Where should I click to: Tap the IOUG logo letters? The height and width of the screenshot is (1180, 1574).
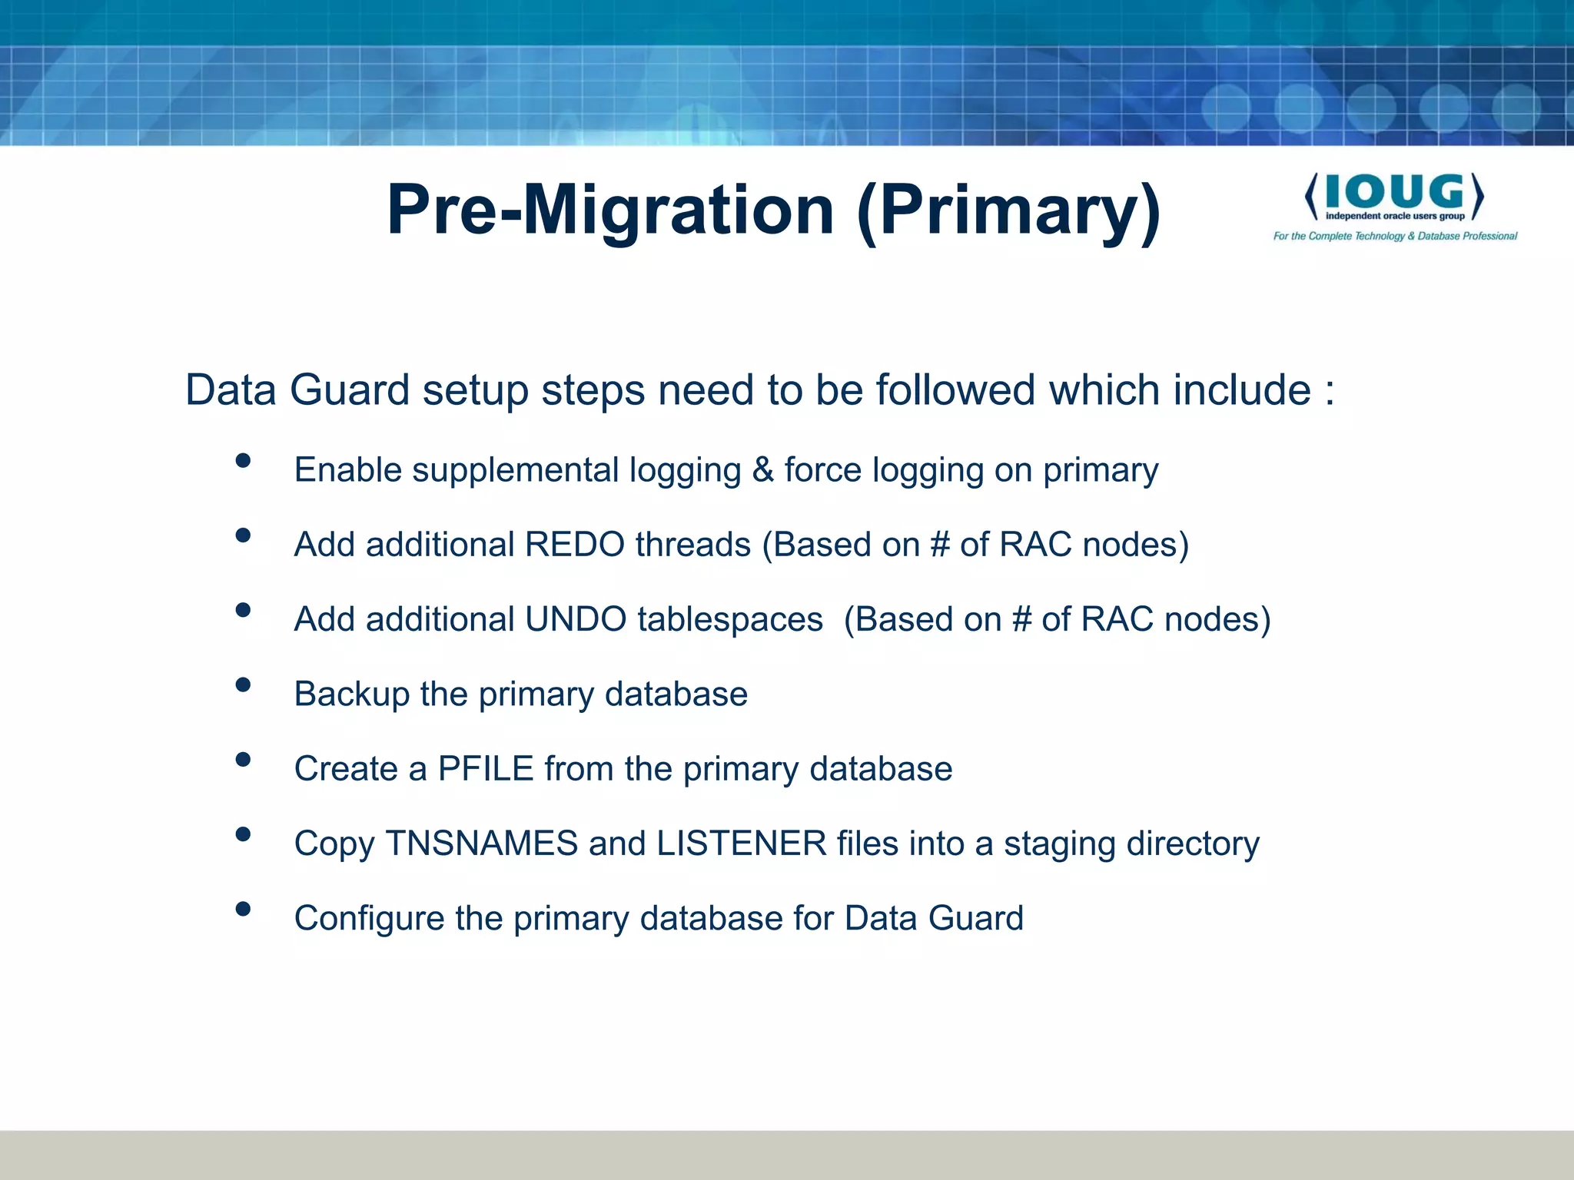[x=1394, y=192]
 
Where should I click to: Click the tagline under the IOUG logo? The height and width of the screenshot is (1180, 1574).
[x=1394, y=236]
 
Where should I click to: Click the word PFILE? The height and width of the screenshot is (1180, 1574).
[x=486, y=769]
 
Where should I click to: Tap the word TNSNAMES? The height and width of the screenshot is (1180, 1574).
[x=481, y=844]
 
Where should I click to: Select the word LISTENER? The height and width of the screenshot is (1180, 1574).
[x=741, y=844]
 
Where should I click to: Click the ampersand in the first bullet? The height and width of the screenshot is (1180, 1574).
[x=762, y=470]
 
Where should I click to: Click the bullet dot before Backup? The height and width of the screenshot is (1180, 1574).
[x=243, y=684]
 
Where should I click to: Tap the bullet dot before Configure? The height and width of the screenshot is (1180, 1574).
[x=243, y=909]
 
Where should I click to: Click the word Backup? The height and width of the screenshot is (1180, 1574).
[x=352, y=694]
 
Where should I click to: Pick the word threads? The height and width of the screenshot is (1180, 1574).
[x=692, y=545]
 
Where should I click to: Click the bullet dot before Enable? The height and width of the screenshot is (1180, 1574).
[x=243, y=460]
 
